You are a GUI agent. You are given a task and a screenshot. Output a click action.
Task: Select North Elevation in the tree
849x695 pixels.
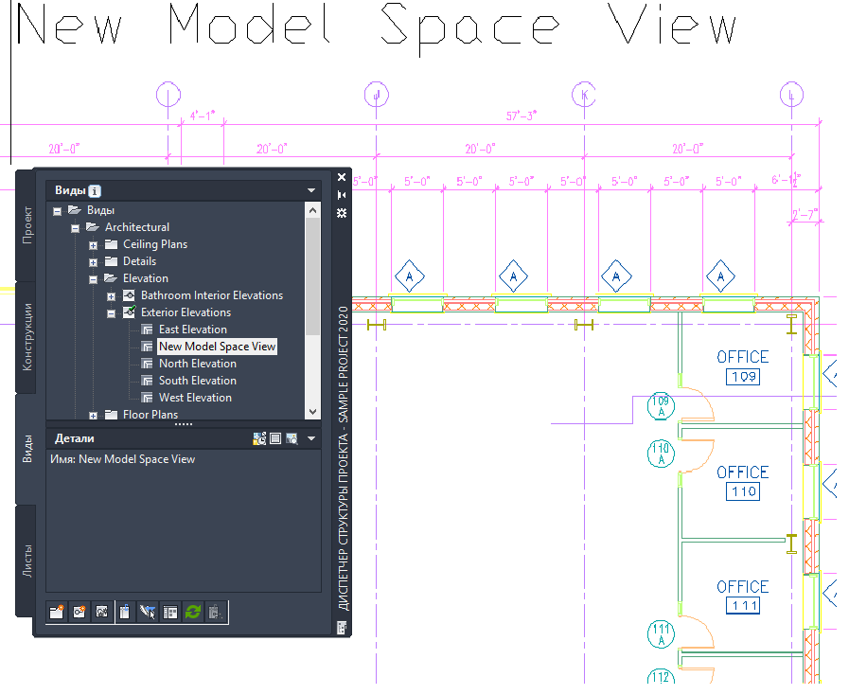click(197, 364)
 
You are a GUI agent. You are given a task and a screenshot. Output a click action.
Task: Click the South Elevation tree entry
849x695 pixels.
click(197, 381)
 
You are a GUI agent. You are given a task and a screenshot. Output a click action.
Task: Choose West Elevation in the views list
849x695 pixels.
click(195, 398)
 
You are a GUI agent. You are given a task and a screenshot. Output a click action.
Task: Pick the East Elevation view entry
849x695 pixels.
click(192, 330)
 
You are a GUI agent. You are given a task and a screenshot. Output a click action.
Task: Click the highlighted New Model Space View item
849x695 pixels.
click(217, 347)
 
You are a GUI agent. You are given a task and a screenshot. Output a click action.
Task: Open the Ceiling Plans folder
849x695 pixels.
click(154, 244)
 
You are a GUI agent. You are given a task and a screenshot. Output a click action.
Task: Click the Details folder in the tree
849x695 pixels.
click(139, 261)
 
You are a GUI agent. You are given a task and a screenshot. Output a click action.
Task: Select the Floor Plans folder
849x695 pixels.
click(150, 415)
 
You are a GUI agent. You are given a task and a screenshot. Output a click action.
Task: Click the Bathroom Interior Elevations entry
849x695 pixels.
click(211, 295)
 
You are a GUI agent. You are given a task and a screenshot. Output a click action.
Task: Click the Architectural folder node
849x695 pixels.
click(136, 227)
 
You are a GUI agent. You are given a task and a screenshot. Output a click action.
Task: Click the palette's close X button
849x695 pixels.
click(342, 176)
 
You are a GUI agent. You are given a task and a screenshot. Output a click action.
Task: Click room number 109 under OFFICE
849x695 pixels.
click(743, 378)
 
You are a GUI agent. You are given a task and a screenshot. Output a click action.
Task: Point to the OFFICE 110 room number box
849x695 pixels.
click(743, 492)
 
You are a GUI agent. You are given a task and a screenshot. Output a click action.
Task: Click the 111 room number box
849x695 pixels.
click(743, 607)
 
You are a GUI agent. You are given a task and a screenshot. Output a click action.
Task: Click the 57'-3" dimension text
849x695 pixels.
click(522, 116)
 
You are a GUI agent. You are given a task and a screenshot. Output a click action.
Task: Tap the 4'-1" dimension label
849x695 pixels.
click(203, 116)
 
